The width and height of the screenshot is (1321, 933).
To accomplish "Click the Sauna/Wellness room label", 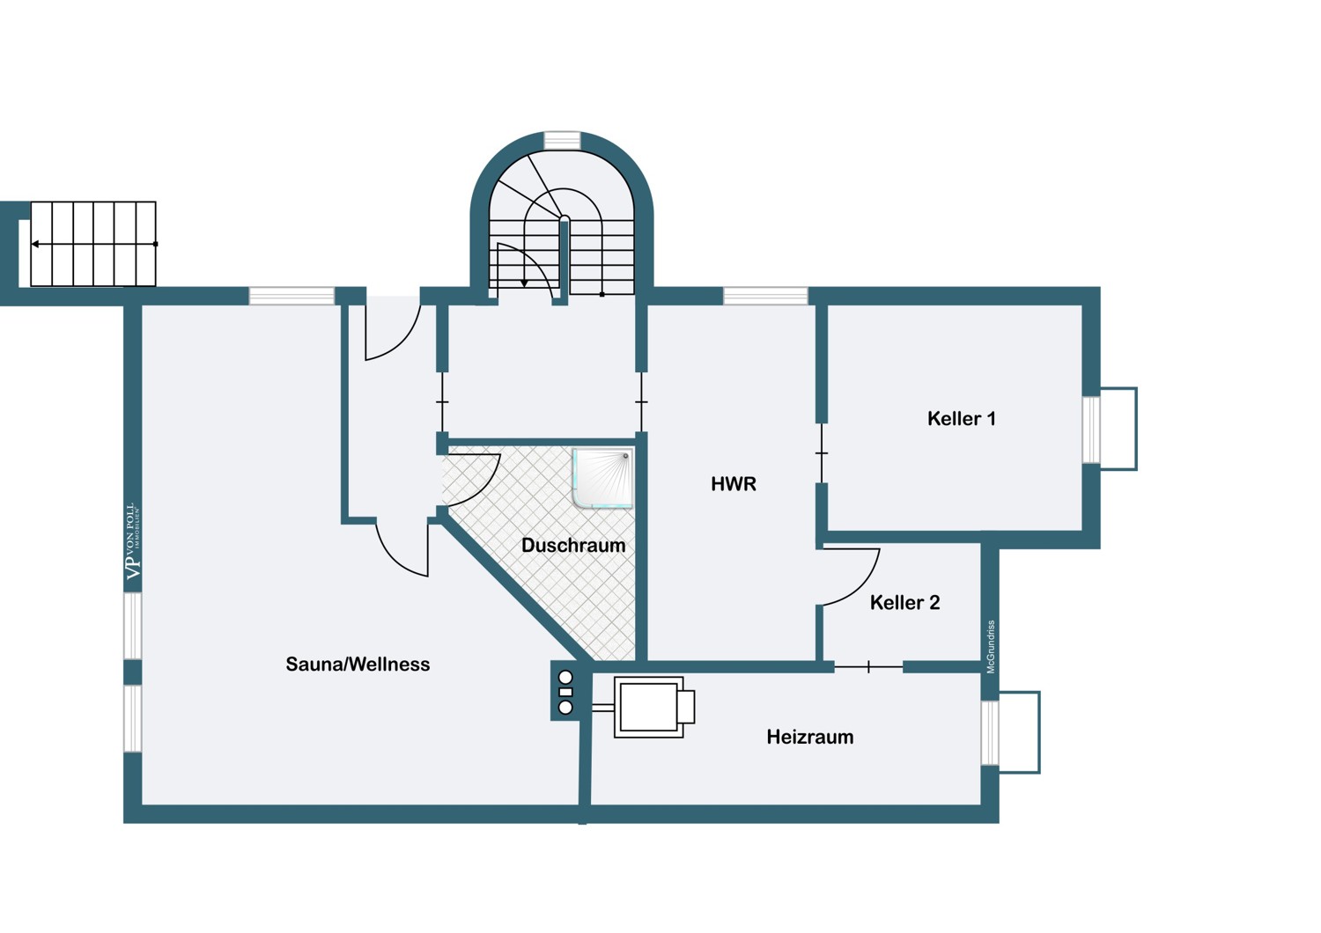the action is (358, 665).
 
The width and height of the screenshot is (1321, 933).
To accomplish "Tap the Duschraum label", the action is (573, 545).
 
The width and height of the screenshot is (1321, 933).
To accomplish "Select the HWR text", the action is (733, 484).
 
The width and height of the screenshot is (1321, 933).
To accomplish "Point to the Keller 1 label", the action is (962, 418).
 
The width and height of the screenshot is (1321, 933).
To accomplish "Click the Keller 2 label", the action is (904, 602).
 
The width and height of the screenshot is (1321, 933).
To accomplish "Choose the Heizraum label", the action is (809, 737).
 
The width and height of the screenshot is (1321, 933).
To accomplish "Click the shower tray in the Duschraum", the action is (602, 478).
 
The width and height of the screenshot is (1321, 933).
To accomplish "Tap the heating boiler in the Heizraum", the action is (654, 707).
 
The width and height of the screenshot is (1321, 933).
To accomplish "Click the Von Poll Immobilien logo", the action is (134, 540).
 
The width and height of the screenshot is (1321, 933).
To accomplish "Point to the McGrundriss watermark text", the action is (991, 647).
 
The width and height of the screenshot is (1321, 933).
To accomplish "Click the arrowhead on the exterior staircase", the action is (35, 244).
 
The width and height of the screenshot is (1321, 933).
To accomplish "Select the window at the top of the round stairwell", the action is (562, 140).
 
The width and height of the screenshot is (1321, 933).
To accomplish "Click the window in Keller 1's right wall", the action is (1092, 430).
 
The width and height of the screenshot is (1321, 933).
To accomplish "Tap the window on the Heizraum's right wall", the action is (990, 732).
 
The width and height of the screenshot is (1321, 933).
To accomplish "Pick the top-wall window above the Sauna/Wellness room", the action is (292, 296).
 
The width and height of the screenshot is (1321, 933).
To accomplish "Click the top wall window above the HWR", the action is (765, 296).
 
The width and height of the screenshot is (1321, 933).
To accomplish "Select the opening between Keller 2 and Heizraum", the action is (868, 667).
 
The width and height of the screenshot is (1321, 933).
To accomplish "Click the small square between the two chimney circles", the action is (565, 693).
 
